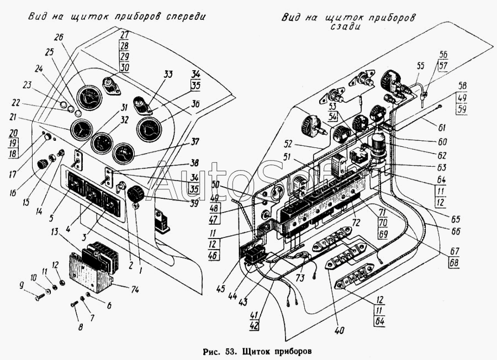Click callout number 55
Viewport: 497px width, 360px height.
click(421, 65)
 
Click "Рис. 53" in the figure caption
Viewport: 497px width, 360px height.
click(221, 351)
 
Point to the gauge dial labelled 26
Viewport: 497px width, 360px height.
click(88, 99)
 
